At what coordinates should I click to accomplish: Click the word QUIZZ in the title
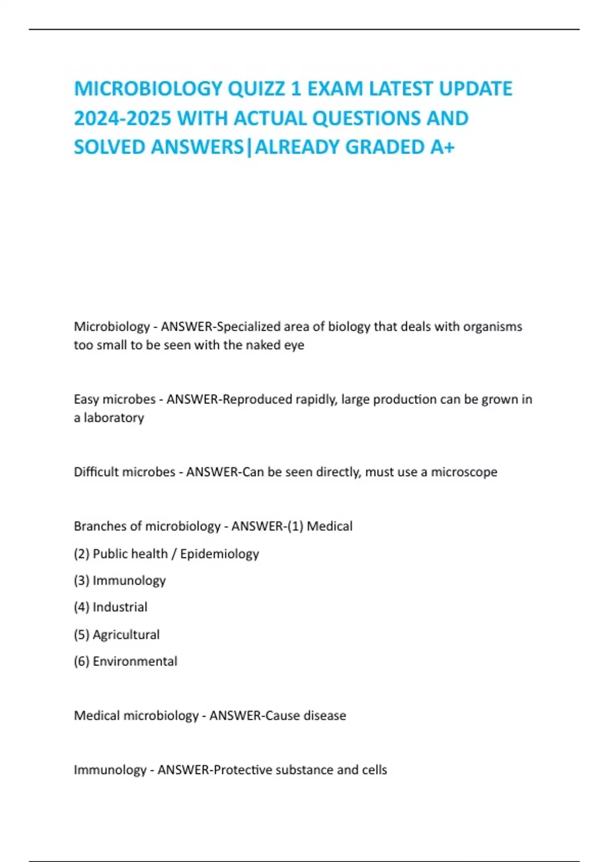[256, 89]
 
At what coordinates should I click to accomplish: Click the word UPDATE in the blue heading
[475, 89]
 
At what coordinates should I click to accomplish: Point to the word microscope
[464, 472]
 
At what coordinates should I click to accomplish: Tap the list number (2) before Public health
[81, 554]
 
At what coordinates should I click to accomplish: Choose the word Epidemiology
[219, 554]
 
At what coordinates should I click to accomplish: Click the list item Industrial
[120, 607]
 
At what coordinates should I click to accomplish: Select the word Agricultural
[126, 634]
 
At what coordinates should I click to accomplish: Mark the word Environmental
[135, 661]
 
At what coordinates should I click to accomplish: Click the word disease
[324, 715]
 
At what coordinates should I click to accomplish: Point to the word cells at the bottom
[374, 770]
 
